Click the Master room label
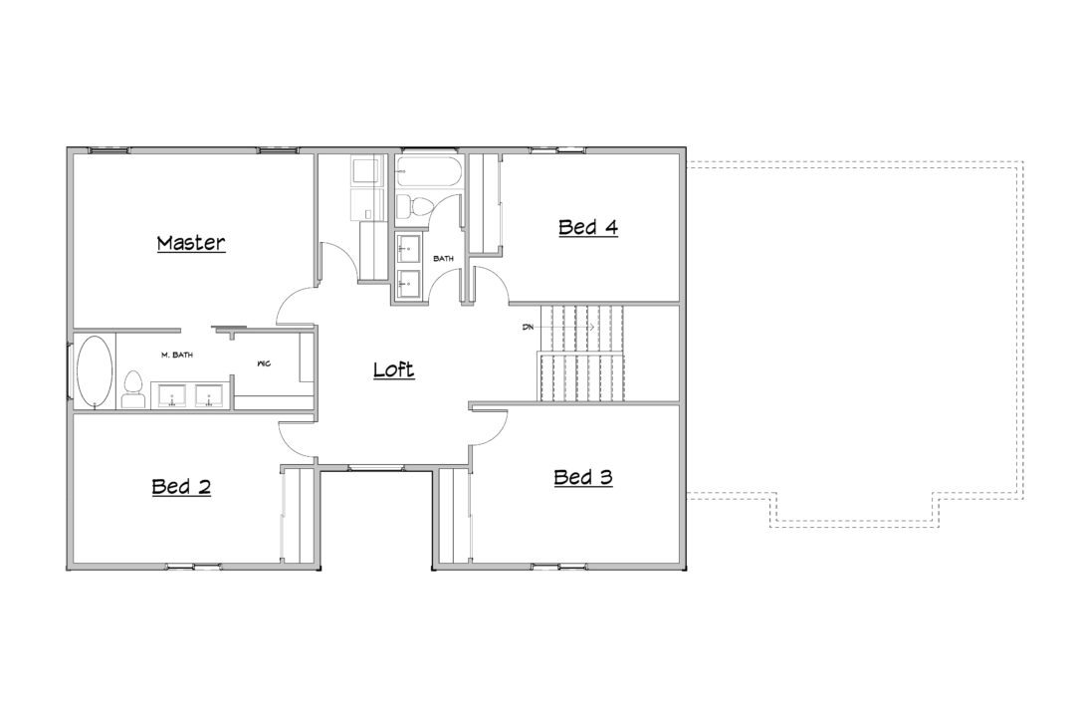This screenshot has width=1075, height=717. coord(190,243)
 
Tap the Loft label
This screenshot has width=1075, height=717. coord(393,369)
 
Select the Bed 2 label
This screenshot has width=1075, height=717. coord(181,486)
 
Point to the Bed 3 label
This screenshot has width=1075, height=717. coord(582,477)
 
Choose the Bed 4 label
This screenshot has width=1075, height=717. coord(588,226)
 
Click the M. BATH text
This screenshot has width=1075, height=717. coord(177,355)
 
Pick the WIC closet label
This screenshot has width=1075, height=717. coord(264,363)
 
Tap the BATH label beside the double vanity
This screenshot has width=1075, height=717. coord(444,259)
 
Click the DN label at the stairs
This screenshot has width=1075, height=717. coord(528,328)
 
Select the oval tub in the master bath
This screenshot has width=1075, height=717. coord(95,370)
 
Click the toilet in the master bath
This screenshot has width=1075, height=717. coord(132,389)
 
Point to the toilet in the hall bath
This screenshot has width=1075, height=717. coord(414,204)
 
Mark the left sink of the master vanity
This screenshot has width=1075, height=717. coord(172,396)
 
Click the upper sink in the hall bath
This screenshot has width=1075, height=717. coord(409,247)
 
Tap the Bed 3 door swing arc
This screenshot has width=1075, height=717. coord(495,431)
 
